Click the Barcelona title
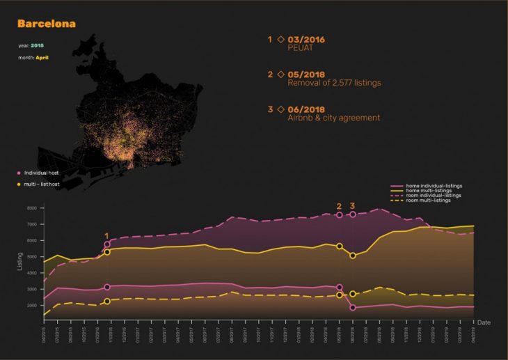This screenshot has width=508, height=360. coord(47,24)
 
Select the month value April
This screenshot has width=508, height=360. coord(42,58)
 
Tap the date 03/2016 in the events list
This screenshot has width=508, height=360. coord(306,39)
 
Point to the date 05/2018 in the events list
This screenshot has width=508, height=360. coord(307,74)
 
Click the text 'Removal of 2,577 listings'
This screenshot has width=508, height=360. coord(334,83)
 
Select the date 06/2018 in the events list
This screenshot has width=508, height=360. coord(307,109)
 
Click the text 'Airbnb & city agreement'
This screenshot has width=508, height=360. coord(333,118)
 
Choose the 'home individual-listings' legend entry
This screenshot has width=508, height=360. coord(434,186)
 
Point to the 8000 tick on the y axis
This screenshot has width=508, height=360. coord(31,208)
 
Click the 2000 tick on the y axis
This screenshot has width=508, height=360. coord(31,306)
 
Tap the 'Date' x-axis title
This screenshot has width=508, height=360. coord(484,322)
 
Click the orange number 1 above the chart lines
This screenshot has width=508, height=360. coord(106,236)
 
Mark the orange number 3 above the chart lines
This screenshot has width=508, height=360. coord(353,206)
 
